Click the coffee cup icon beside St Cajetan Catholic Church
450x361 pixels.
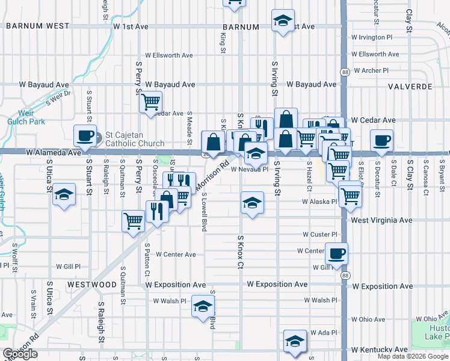coord(85,137)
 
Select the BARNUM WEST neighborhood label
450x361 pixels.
coord(38,26)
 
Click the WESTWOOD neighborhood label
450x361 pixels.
coord(91,284)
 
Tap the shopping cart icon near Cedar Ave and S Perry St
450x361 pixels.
coord(150,101)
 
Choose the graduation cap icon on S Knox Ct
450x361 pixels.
coord(252,202)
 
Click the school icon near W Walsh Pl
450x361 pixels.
coord(203,306)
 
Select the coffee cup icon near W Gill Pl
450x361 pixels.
coord(337,253)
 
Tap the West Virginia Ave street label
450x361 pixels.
coord(382,220)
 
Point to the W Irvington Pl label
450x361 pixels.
coord(372,37)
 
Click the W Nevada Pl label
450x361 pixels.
coord(249,170)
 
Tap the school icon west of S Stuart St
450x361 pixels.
coord(64,194)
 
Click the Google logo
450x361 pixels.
coord(20,354)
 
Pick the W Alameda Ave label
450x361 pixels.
coord(54,153)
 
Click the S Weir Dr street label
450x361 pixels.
coord(58,97)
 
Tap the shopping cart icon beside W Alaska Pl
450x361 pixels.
coord(350,194)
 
